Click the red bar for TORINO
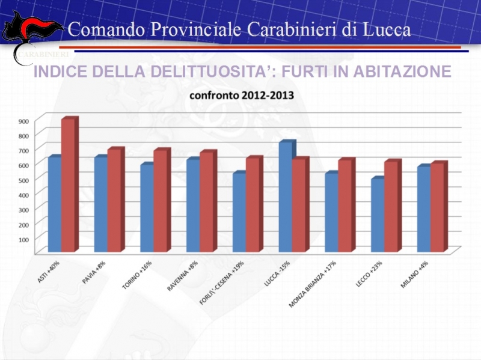click(x=161, y=201)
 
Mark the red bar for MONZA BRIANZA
click(x=345, y=206)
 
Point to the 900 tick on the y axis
click(x=23, y=121)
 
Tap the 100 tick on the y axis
click(x=23, y=239)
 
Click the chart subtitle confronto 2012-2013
click(x=242, y=96)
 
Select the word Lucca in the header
click(x=385, y=29)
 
